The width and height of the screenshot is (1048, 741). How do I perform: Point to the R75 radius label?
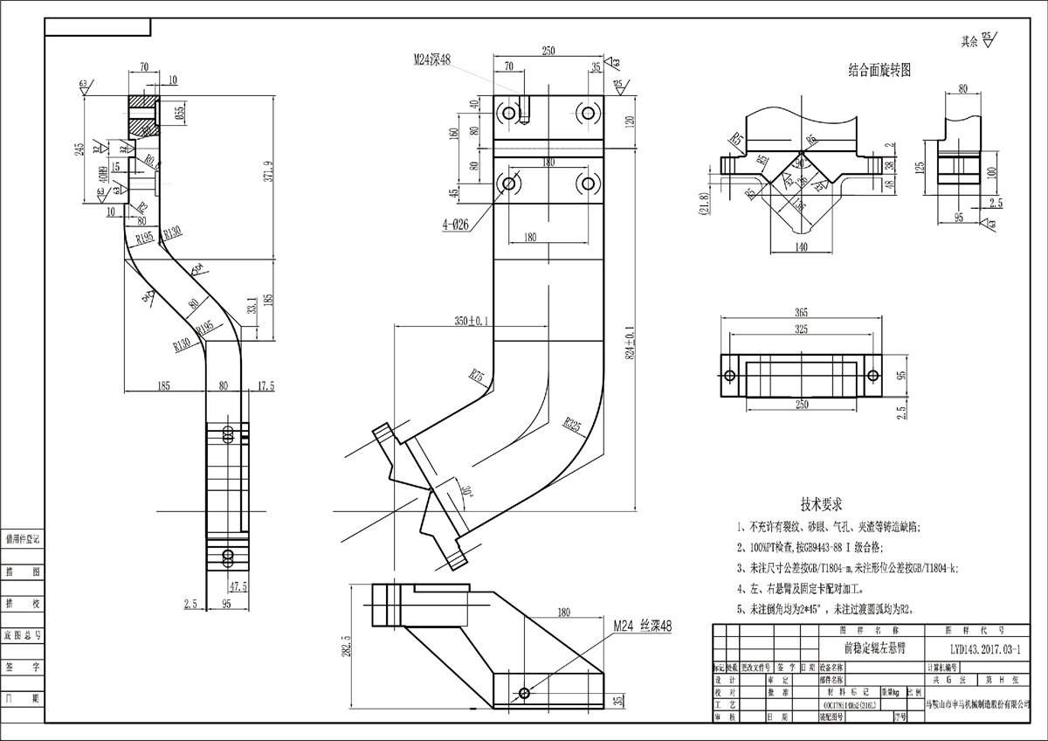477,377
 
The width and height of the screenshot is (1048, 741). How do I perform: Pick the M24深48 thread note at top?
432,59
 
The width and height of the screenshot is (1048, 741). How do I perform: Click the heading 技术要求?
820,504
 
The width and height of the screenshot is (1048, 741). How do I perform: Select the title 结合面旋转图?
879,70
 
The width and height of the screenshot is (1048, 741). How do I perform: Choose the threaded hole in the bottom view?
524,693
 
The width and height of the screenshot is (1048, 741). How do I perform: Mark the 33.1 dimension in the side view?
252,308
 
